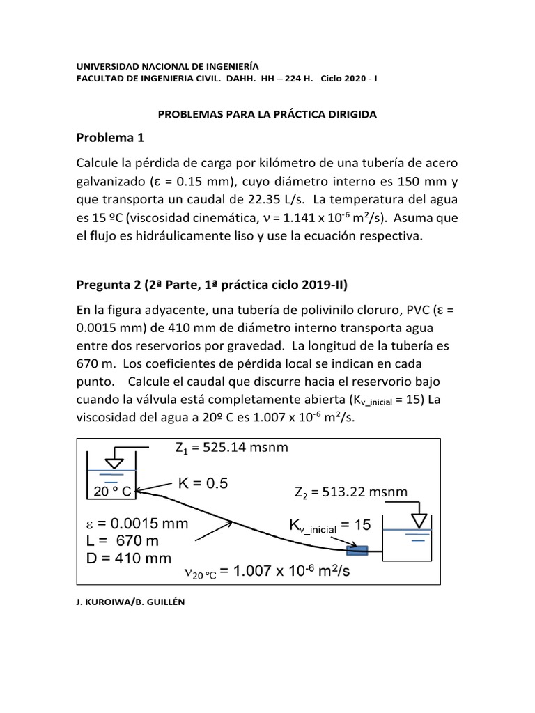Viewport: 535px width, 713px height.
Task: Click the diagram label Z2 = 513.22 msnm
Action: click(351, 493)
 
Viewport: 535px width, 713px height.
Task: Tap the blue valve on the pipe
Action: click(358, 551)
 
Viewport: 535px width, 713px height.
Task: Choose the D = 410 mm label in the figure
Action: click(130, 558)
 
